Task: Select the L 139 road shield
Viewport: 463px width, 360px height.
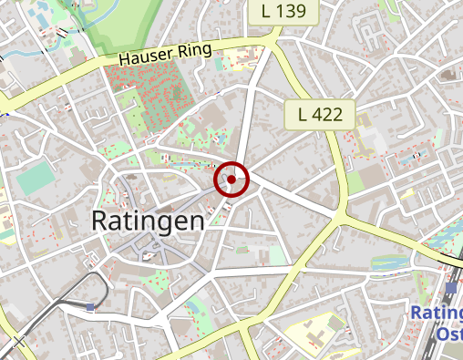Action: pyautogui.click(x=283, y=11)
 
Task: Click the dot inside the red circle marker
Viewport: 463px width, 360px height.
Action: pyautogui.click(x=231, y=180)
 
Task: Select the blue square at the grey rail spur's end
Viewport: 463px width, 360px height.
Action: pyautogui.click(x=90, y=307)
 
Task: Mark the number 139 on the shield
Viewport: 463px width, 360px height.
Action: pyautogui.click(x=290, y=11)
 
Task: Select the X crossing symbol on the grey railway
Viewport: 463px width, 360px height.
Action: pyautogui.click(x=18, y=342)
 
